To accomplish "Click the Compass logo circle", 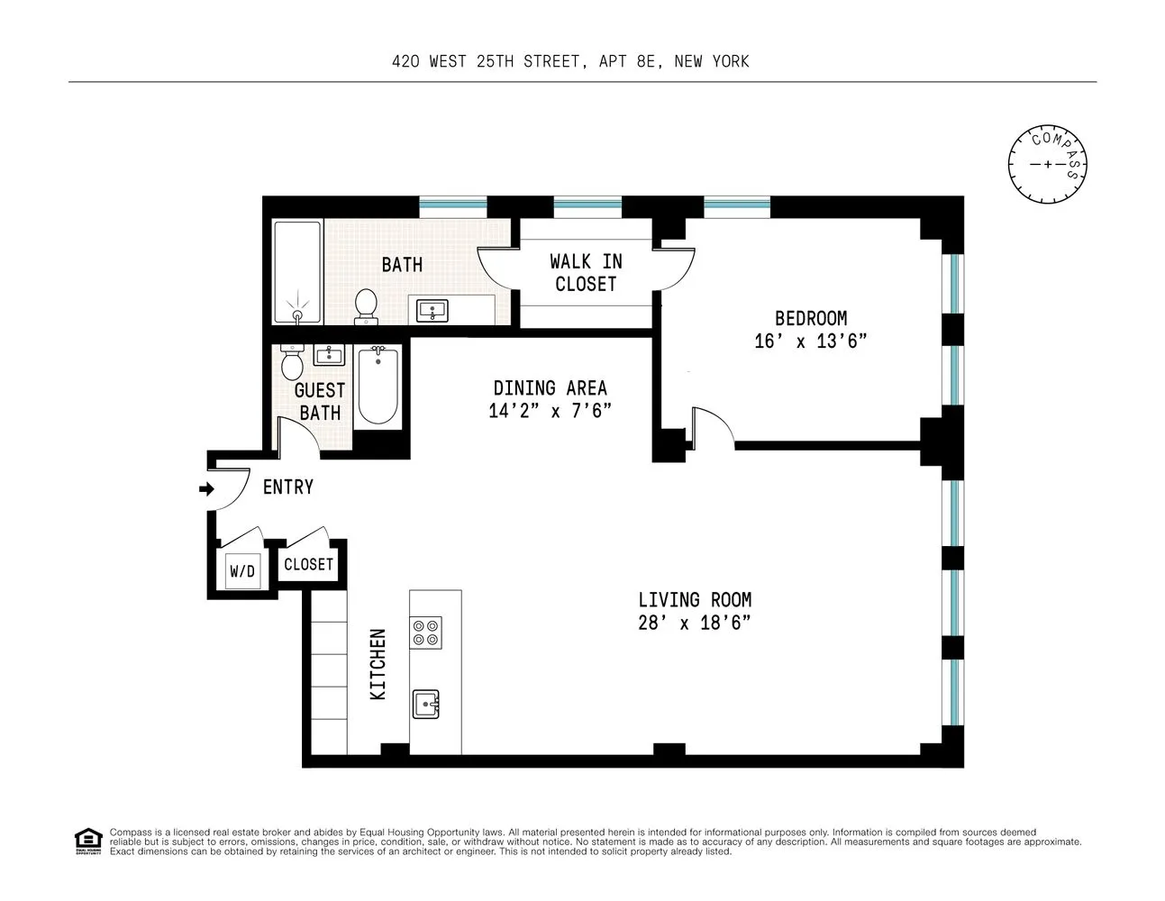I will (x=1047, y=164).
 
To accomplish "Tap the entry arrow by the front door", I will (x=206, y=489).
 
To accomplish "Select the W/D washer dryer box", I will (x=242, y=571).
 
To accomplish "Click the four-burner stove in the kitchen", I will (x=426, y=633).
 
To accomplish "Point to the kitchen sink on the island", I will (x=426, y=704).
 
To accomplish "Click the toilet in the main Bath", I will (x=366, y=305).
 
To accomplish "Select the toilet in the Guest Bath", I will (x=292, y=363).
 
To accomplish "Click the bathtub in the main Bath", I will (x=297, y=272).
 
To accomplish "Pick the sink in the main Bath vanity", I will (x=433, y=311).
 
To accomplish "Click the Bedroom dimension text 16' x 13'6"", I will (x=810, y=341).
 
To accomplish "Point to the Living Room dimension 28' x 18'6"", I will (x=694, y=623).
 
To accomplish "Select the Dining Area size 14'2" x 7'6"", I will (x=550, y=411).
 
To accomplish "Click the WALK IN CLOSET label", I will (x=586, y=272).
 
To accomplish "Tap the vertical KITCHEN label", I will (x=378, y=664).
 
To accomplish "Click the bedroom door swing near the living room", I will (x=713, y=425).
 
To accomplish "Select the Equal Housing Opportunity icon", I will (x=87, y=842).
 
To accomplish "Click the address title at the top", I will (x=570, y=61).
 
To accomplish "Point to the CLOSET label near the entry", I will (x=308, y=564).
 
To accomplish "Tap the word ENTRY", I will (x=288, y=487).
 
